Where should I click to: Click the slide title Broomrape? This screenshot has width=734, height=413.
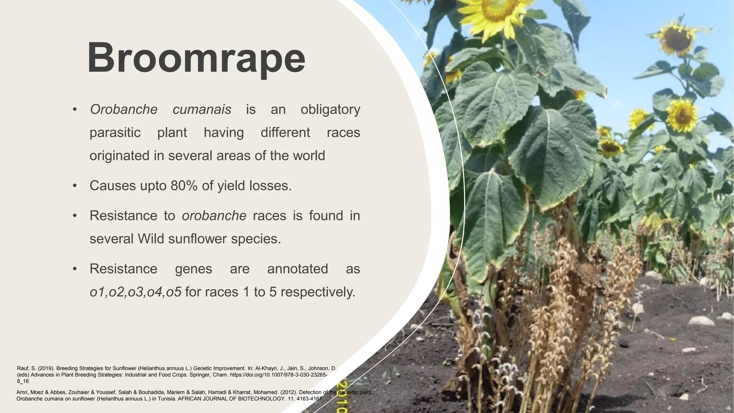click(196, 58)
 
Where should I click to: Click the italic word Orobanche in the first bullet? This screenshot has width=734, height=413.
click(123, 109)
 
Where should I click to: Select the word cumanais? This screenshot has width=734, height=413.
click(202, 109)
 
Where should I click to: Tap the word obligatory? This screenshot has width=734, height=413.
click(330, 109)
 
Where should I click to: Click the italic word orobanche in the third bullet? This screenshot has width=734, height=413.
click(214, 216)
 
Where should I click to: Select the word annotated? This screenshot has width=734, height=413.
click(297, 269)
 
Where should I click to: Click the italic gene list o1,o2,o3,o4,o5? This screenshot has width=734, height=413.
click(135, 292)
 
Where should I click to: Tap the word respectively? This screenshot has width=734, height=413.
click(318, 292)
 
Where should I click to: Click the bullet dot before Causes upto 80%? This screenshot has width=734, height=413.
click(75, 186)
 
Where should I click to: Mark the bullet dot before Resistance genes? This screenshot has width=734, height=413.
click(75, 269)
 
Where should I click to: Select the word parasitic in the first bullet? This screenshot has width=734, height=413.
click(115, 133)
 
